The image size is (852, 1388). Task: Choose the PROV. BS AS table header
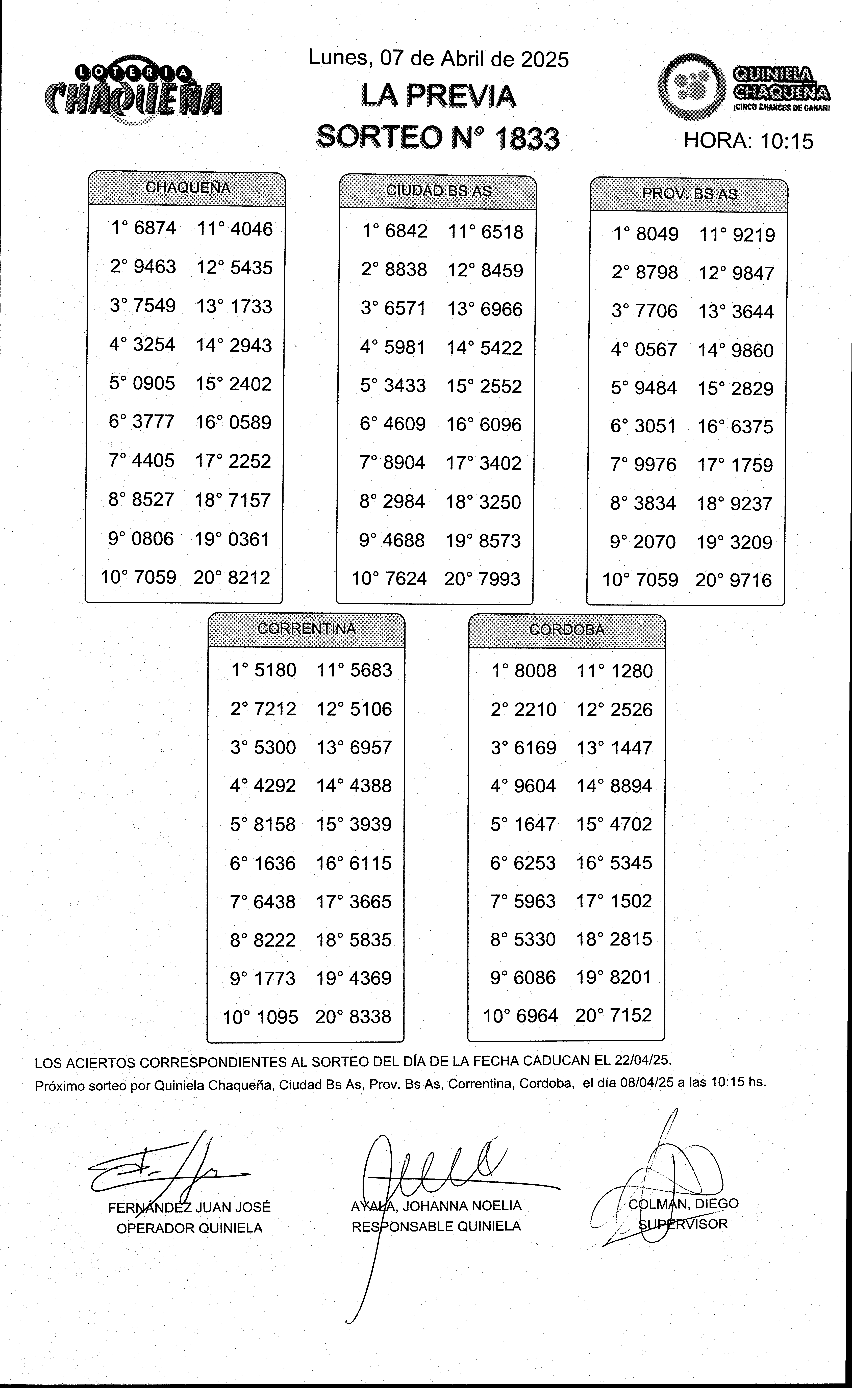[x=689, y=194]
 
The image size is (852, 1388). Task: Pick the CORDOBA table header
[x=567, y=630]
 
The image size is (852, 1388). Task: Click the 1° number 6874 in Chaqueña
[x=155, y=228]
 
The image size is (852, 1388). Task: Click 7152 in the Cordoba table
[x=629, y=1015]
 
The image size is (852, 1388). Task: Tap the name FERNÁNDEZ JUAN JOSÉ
[x=189, y=1207]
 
